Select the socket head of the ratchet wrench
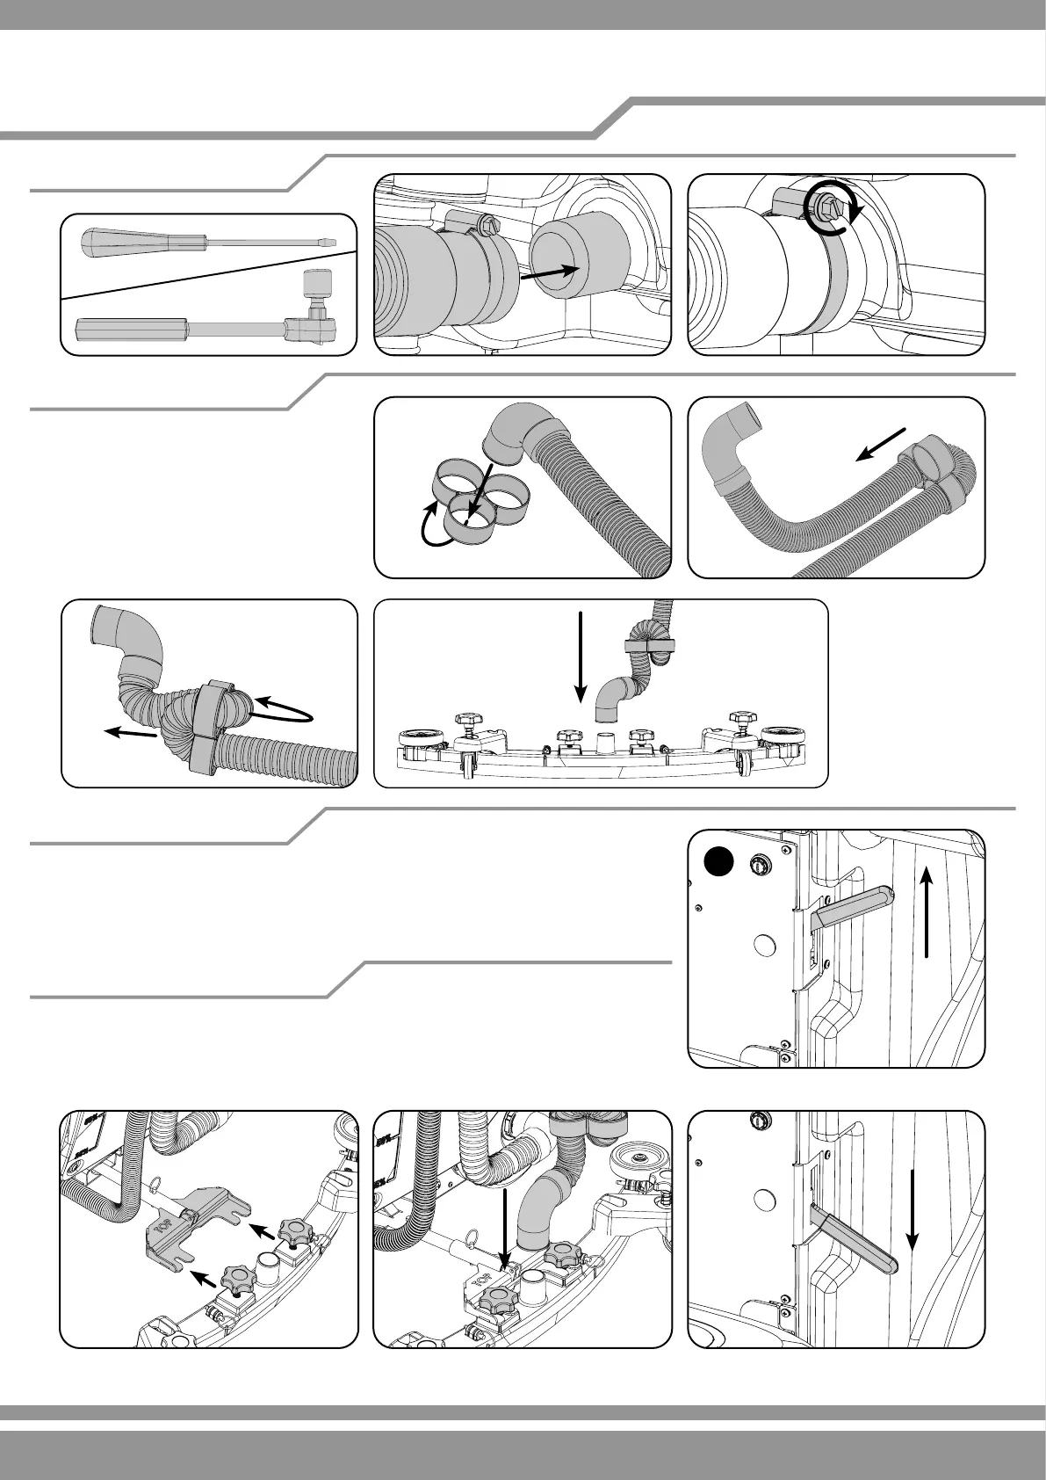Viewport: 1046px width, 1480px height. [x=314, y=287]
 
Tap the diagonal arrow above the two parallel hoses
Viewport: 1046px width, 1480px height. [x=880, y=444]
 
